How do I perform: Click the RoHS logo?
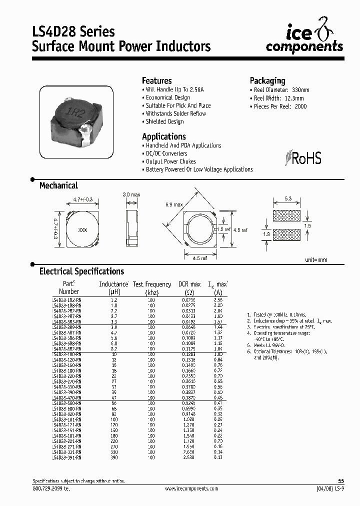point(303,158)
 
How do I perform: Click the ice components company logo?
point(304,39)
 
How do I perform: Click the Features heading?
point(156,80)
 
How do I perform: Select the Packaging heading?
point(267,80)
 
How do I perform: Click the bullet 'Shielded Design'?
point(164,121)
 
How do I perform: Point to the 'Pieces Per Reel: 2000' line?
point(280,106)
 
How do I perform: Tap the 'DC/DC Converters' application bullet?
point(166,153)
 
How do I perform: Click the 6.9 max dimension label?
point(174,204)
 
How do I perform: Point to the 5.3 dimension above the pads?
point(287,199)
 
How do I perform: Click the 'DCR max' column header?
point(189,284)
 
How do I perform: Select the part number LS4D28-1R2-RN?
point(66,299)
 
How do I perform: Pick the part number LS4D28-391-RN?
point(66,457)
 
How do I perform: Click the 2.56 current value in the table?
point(218,299)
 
